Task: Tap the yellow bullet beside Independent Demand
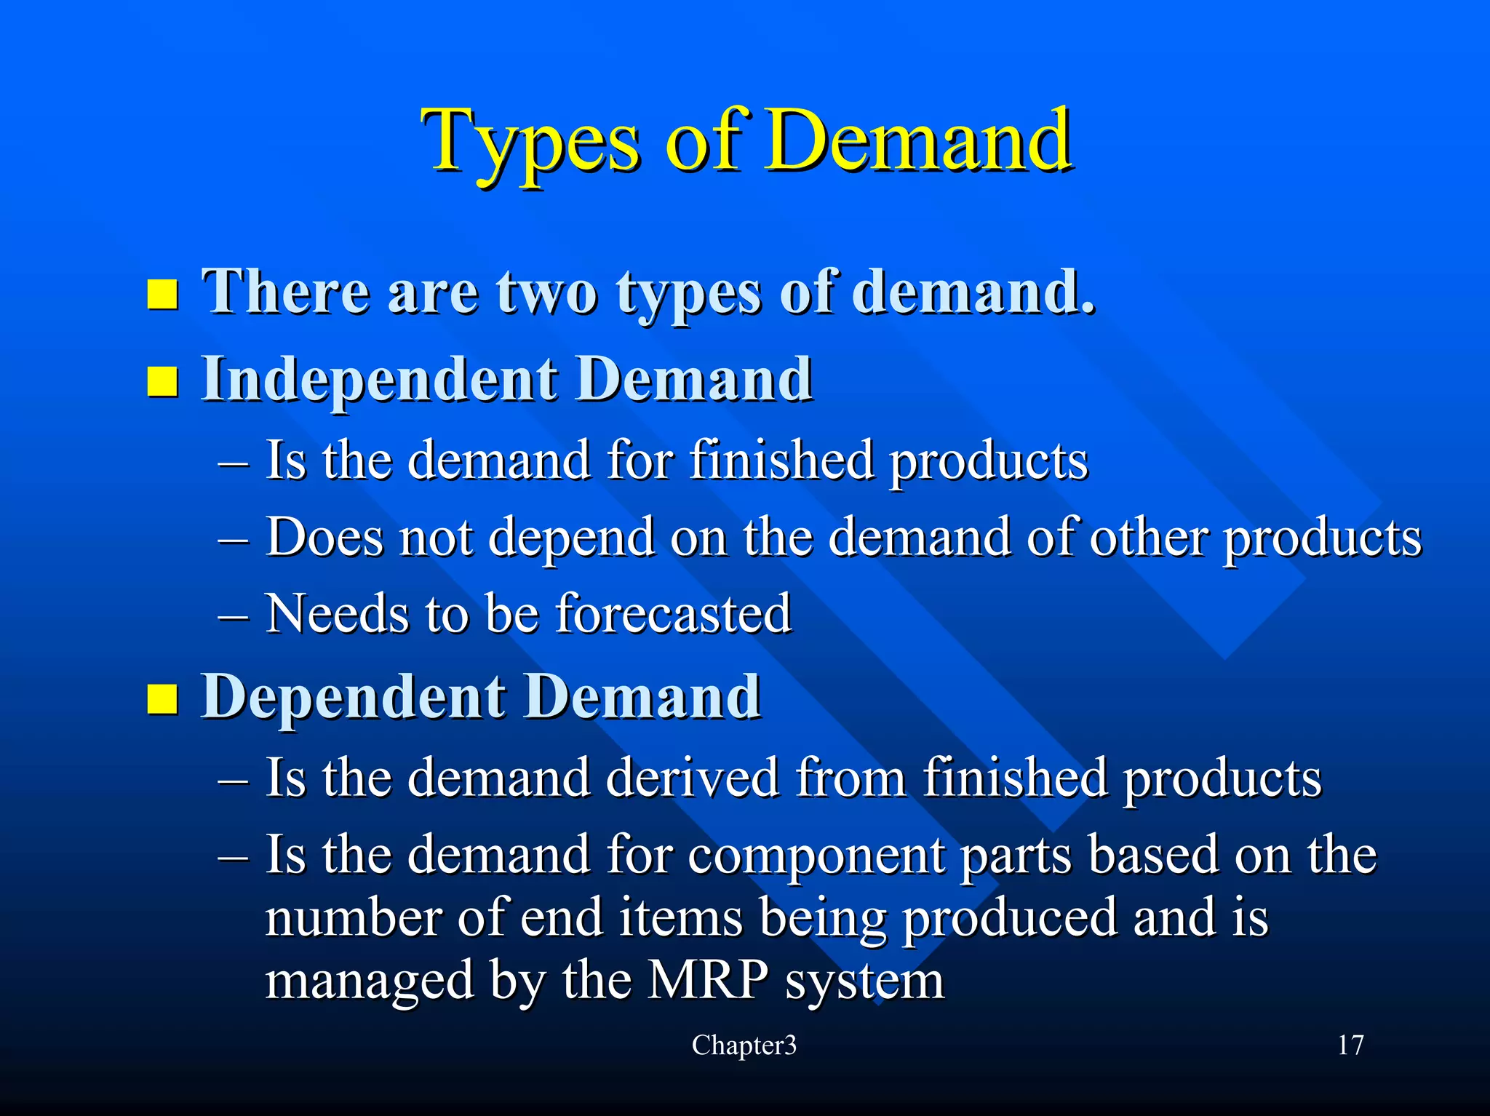(162, 380)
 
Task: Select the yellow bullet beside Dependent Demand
(162, 698)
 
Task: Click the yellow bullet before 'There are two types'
(162, 294)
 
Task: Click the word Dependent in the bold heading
(354, 697)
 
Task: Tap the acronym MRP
(706, 980)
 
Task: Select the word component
(816, 855)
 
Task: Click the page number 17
(1350, 1045)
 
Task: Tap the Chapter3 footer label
(744, 1045)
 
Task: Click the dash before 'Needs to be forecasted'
(234, 615)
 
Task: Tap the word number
(353, 918)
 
